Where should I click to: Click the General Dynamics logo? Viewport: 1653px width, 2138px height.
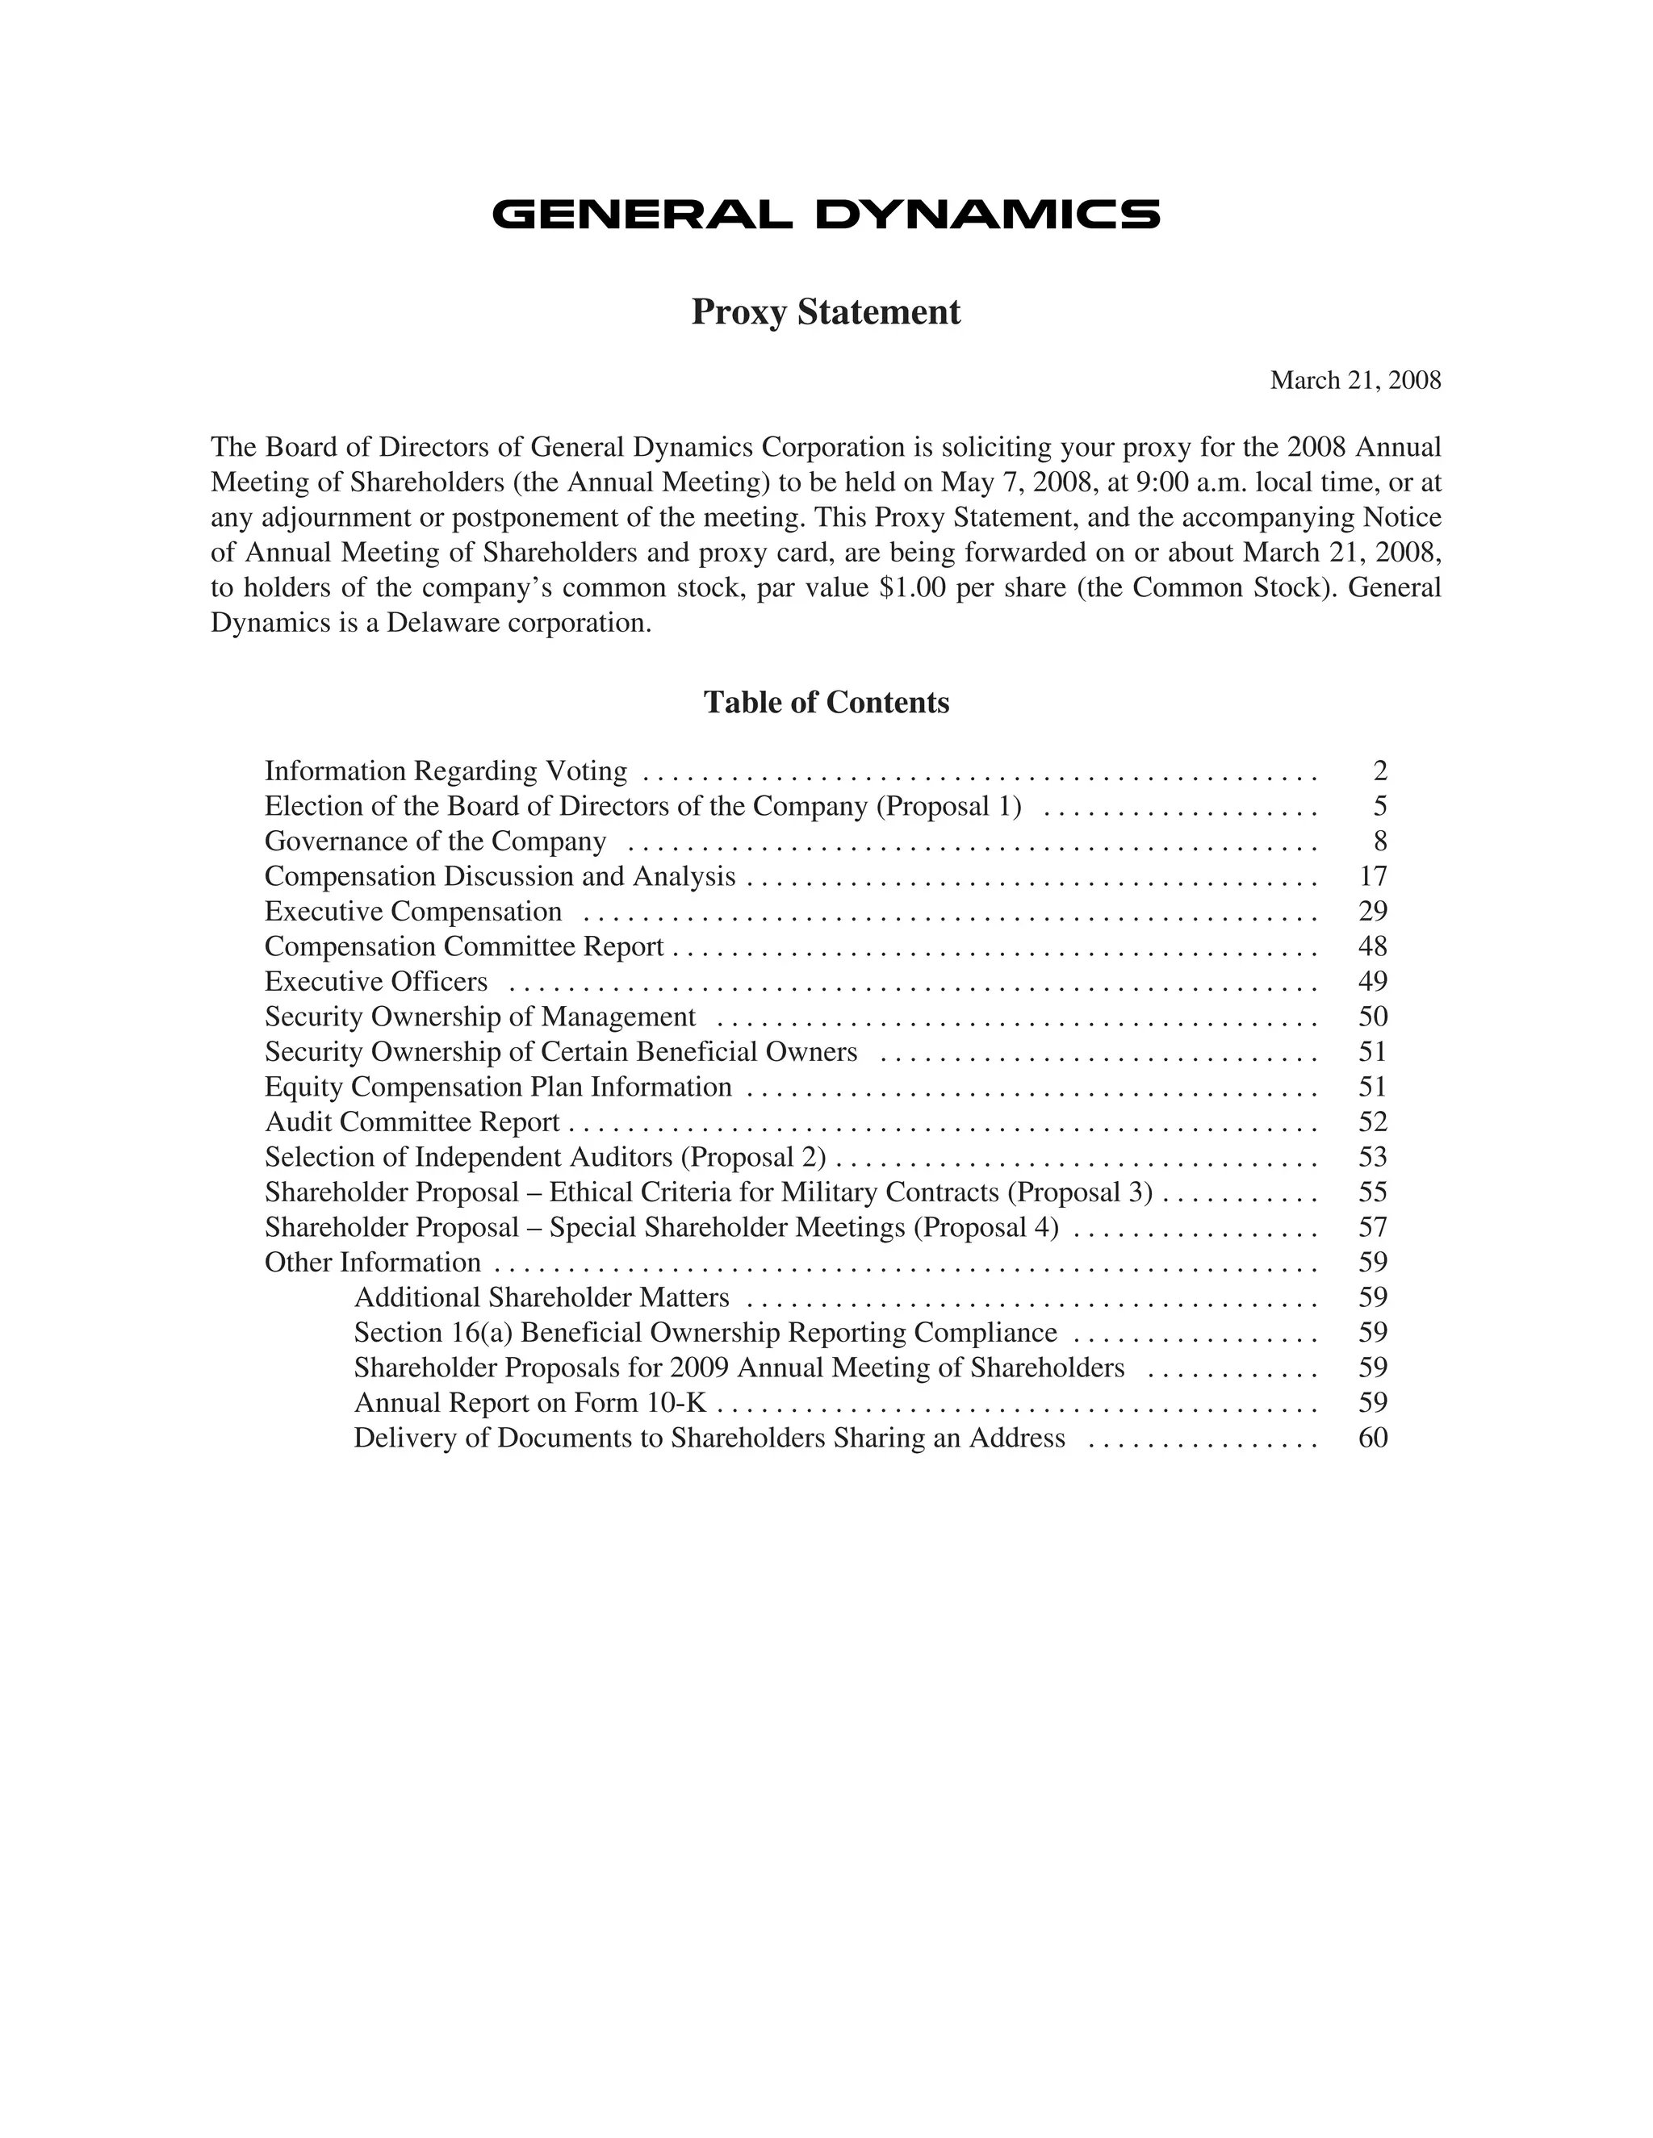click(826, 215)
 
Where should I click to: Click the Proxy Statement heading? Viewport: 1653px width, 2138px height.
click(826, 312)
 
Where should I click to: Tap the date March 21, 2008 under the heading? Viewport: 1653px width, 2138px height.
click(1354, 381)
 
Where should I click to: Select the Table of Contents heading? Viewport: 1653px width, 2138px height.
click(826, 703)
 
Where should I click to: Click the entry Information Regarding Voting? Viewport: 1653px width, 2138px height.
click(446, 771)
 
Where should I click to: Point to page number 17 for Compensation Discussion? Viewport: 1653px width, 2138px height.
click(1373, 876)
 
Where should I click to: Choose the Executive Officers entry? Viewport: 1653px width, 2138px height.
click(376, 982)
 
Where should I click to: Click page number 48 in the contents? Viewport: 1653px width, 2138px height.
click(1373, 946)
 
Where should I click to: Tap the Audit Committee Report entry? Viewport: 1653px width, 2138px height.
click(412, 1122)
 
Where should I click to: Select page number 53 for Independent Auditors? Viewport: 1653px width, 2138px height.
click(1373, 1157)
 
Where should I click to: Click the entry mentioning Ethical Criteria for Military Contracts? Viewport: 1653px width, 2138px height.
click(708, 1192)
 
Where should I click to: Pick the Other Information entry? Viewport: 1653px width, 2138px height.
click(372, 1263)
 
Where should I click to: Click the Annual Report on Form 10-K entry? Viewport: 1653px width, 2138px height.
click(529, 1403)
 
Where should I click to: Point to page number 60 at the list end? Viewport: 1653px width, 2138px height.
click(1373, 1438)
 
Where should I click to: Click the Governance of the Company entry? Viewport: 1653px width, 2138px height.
click(436, 841)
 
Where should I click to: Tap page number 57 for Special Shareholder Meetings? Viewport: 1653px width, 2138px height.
click(1373, 1228)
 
